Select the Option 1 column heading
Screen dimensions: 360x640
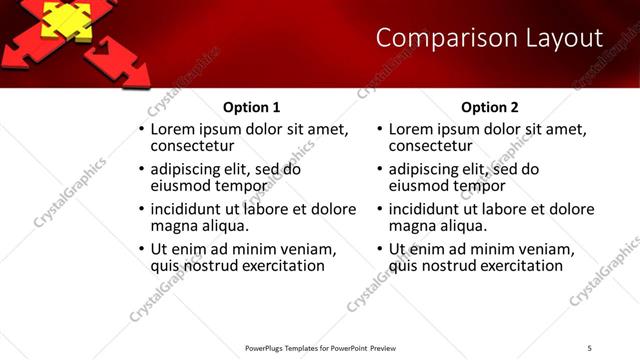pyautogui.click(x=251, y=107)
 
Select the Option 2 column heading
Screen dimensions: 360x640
pyautogui.click(x=490, y=107)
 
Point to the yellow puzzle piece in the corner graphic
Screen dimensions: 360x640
pyautogui.click(x=63, y=18)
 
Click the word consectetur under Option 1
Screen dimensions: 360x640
pyautogui.click(x=192, y=146)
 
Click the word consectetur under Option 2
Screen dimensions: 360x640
pyautogui.click(x=431, y=146)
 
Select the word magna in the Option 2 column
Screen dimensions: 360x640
pyautogui.click(x=411, y=226)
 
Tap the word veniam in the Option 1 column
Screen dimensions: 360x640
pyautogui.click(x=301, y=249)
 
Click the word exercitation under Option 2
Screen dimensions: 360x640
pyautogui.click(x=513, y=266)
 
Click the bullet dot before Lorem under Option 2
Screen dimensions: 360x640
pyautogui.click(x=381, y=130)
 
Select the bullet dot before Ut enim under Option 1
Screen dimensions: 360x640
pyautogui.click(x=142, y=249)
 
